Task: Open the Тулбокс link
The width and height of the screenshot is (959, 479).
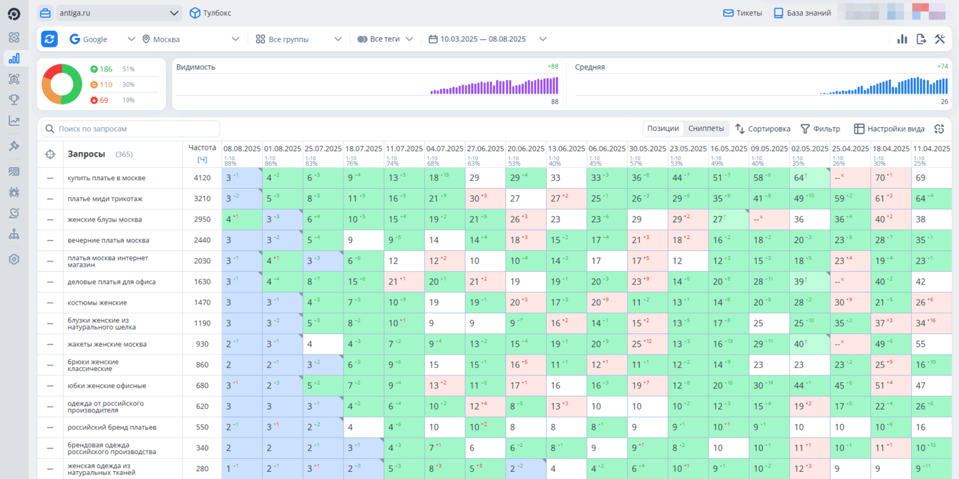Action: [x=210, y=13]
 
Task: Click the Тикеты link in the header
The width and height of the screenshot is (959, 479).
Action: [x=742, y=13]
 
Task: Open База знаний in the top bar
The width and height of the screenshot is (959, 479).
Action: [x=802, y=13]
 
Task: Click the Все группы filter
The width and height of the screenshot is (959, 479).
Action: [x=299, y=39]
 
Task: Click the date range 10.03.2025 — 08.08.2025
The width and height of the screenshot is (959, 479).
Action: [x=487, y=39]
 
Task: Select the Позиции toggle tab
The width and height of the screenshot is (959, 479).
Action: [x=663, y=129]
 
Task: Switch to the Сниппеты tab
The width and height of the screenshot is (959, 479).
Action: [x=706, y=129]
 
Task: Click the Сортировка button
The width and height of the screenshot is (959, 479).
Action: [x=763, y=129]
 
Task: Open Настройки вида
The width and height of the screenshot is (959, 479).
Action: [x=889, y=129]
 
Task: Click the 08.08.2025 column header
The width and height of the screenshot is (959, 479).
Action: [x=242, y=149]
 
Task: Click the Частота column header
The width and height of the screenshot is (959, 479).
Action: [x=202, y=148]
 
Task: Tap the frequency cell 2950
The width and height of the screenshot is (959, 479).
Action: [x=203, y=219]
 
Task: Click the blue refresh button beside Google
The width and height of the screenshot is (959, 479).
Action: [x=49, y=39]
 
